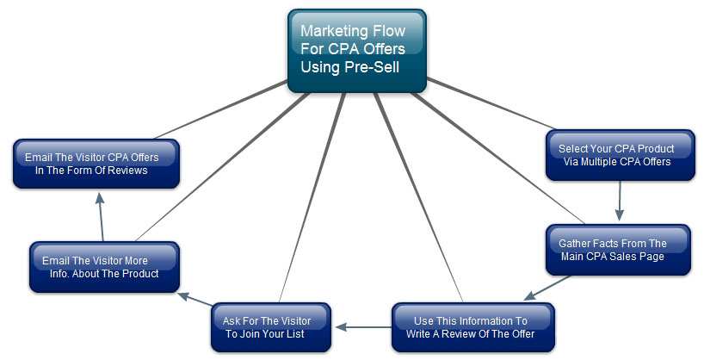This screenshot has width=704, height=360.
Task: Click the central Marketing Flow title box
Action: pos(356,50)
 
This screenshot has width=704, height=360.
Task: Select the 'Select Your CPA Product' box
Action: pos(620,155)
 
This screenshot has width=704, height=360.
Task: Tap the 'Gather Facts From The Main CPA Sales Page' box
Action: pos(618,250)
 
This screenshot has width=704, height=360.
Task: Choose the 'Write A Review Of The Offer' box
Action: pos(472,327)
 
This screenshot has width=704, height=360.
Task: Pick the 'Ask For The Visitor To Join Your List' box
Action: pos(270,327)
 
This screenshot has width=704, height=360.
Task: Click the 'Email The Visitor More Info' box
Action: pos(104,266)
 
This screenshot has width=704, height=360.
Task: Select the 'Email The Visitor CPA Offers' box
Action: pos(96,164)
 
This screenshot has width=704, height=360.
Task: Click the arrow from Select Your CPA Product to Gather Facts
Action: pos(618,202)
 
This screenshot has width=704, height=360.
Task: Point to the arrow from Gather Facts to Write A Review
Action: pos(547,288)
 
